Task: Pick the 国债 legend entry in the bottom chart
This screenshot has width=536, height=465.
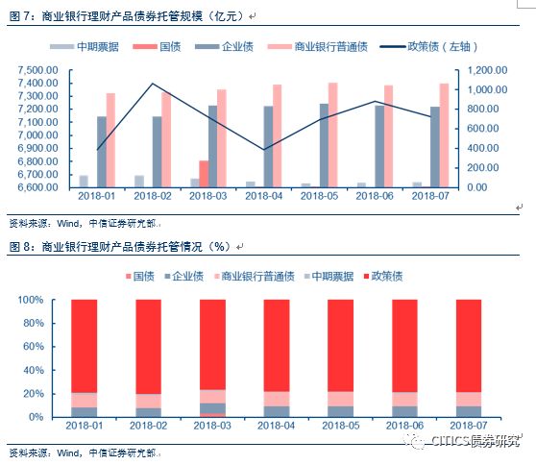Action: click(x=139, y=278)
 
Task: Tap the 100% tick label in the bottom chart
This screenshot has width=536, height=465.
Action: click(x=31, y=300)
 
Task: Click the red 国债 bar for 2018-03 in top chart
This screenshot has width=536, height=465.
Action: click(x=204, y=174)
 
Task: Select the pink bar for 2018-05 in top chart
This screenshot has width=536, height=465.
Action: click(x=332, y=135)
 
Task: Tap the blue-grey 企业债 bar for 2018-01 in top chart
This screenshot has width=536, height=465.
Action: click(x=101, y=151)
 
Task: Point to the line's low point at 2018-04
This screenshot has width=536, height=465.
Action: click(x=263, y=149)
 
